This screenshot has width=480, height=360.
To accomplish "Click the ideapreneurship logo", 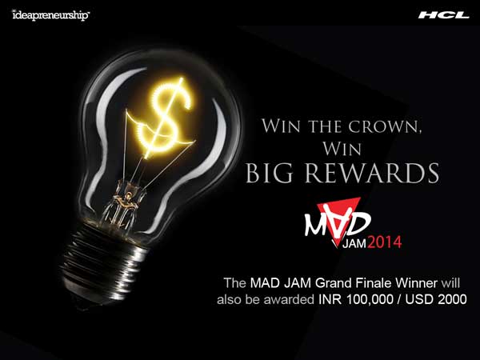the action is pos(51,15).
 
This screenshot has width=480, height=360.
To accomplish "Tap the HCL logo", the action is pos(443,15).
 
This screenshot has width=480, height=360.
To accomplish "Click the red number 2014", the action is pos(384,242).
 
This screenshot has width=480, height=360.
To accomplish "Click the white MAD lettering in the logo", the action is pos(337,221).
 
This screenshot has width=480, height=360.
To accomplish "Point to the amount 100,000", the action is pos(370,299).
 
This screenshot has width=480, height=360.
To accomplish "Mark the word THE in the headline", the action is pos(325,126).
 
